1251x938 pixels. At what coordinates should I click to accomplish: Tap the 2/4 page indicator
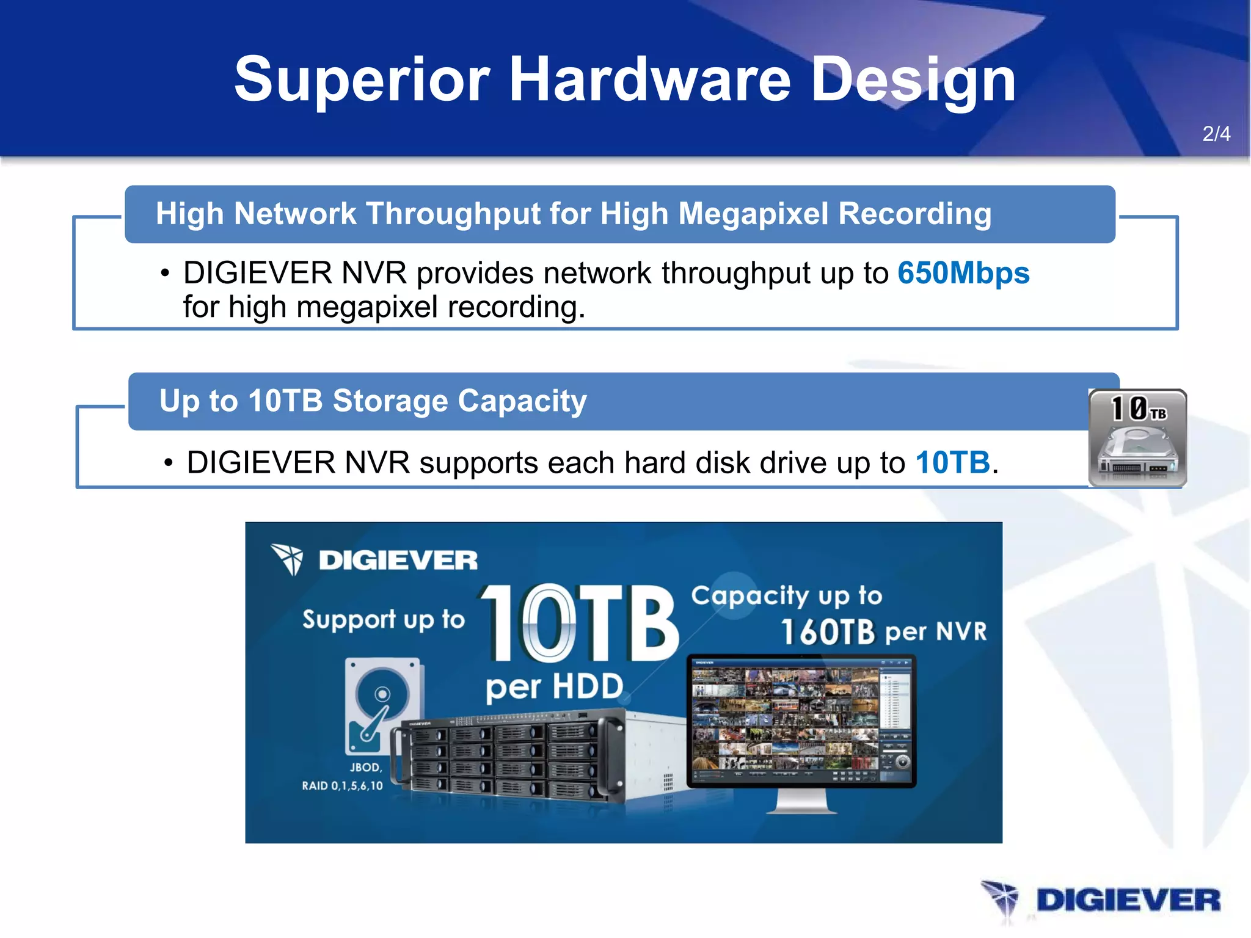click(x=1216, y=134)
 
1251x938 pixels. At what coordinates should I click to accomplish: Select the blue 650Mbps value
click(x=963, y=273)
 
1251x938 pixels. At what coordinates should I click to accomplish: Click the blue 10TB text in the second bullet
click(x=952, y=462)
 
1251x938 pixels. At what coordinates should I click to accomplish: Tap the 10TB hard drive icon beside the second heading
click(x=1137, y=438)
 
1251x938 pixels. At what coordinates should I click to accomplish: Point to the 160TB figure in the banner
click(x=828, y=632)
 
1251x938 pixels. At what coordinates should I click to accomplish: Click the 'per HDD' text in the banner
click(x=554, y=687)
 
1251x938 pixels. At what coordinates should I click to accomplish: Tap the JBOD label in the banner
click(x=365, y=768)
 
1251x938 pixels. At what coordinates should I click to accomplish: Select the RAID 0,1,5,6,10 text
click(x=342, y=786)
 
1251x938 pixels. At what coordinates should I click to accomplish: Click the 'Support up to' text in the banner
click(x=384, y=620)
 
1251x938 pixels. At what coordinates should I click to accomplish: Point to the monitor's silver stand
click(x=801, y=801)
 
